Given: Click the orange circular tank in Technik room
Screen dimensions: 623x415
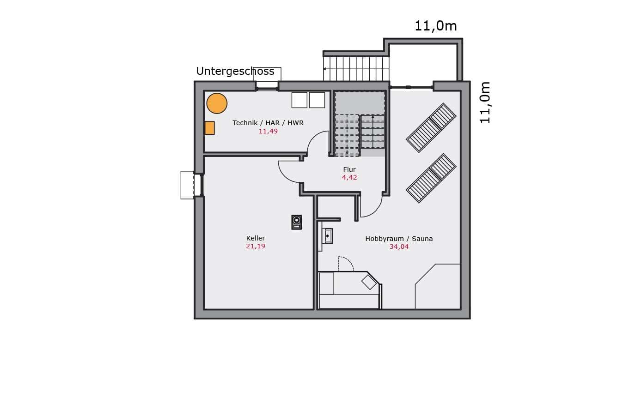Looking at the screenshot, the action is click(x=217, y=103).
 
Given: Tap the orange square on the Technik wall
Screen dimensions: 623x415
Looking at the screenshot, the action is click(x=210, y=128).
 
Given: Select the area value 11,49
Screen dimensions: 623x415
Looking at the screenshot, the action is click(x=268, y=132).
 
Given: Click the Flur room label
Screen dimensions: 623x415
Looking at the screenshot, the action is click(x=349, y=169).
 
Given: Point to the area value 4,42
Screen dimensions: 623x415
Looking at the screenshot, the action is click(x=349, y=177).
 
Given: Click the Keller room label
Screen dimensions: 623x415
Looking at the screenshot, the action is click(x=256, y=238).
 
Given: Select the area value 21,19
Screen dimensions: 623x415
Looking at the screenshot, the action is click(x=256, y=246).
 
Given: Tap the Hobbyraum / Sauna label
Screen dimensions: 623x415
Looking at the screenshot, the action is click(x=399, y=239).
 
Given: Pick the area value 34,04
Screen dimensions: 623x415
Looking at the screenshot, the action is click(x=399, y=247).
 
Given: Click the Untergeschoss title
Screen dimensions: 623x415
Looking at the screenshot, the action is click(x=235, y=72).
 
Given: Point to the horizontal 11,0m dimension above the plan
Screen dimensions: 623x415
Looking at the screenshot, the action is click(x=436, y=26).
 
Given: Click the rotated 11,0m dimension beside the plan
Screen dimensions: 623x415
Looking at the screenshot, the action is click(x=485, y=102).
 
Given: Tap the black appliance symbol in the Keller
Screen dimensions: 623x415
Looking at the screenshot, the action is click(x=297, y=222).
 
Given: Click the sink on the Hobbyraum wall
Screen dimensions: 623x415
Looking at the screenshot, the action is click(x=329, y=236).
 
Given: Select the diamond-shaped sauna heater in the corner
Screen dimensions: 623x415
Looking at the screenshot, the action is click(x=369, y=282).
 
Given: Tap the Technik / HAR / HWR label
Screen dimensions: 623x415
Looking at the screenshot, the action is click(x=268, y=123).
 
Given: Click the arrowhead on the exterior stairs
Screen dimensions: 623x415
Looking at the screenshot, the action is click(x=324, y=69).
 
